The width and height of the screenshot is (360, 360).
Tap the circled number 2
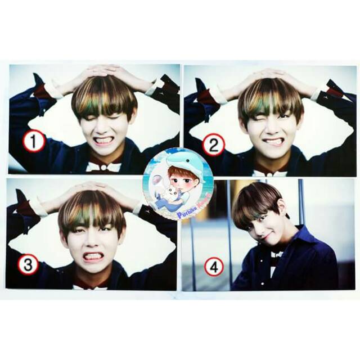213,145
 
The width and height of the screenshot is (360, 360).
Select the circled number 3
28,264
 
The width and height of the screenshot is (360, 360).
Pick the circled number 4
214,267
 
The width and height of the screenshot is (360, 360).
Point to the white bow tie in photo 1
104,167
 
